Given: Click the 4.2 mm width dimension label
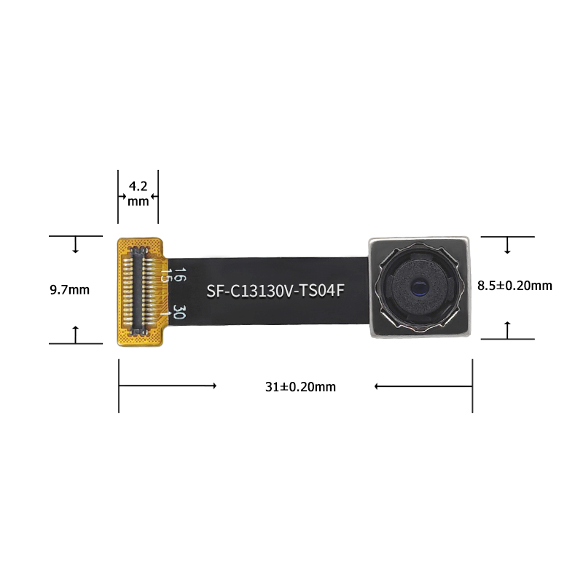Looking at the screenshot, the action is pos(138,192).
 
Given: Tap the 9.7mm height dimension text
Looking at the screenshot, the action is pos(69,290).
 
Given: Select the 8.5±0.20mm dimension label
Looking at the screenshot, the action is pos(514,286).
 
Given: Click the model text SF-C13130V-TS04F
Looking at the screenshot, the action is pos(275,291).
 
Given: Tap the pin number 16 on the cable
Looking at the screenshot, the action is pos(180,275).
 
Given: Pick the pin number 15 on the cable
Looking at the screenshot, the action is pos(166,275).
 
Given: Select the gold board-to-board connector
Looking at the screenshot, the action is pos(140,290).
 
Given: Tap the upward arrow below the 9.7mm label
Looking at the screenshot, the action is pos(75,334).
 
